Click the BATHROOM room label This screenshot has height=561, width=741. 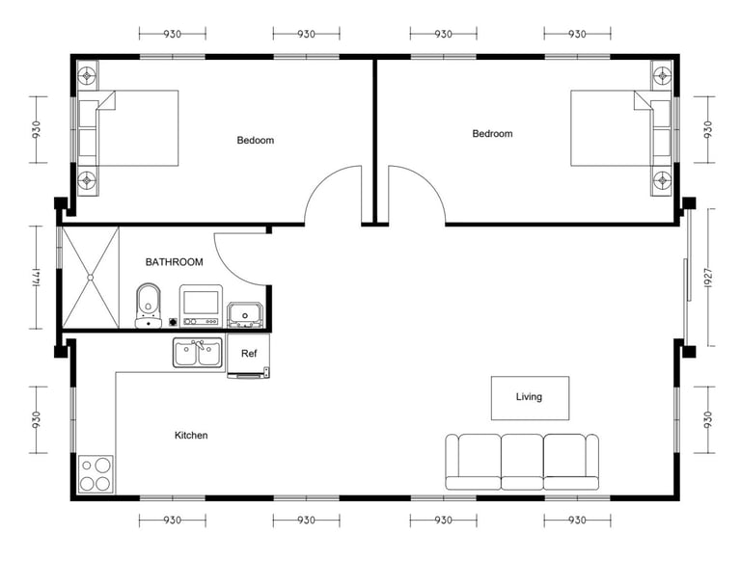click(174, 262)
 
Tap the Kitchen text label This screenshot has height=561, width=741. click(191, 436)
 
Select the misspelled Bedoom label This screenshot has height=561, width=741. click(255, 141)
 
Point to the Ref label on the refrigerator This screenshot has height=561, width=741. click(249, 353)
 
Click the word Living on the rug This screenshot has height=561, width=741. click(529, 397)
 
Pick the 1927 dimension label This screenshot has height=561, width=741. click(708, 278)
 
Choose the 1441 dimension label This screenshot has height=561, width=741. click(37, 278)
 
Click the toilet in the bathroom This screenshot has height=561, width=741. click(149, 306)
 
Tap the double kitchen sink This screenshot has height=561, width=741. click(198, 353)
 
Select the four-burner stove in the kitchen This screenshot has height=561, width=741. click(96, 474)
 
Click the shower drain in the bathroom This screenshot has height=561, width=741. click(91, 278)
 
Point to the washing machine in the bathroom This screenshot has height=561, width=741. click(201, 306)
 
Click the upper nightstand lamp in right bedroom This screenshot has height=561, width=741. click(663, 74)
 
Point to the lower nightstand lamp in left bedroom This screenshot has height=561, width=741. click(87, 180)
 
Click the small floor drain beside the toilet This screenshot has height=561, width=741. click(173, 323)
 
